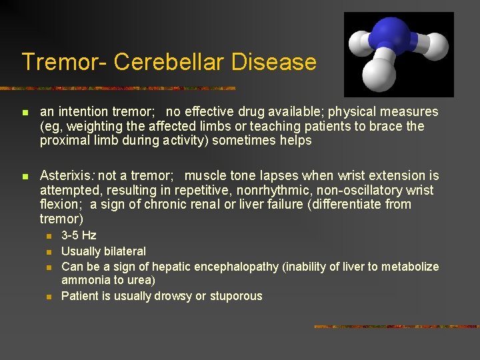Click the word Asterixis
(66, 176)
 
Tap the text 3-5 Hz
(79, 235)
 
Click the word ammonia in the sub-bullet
(85, 281)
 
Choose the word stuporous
(237, 296)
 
